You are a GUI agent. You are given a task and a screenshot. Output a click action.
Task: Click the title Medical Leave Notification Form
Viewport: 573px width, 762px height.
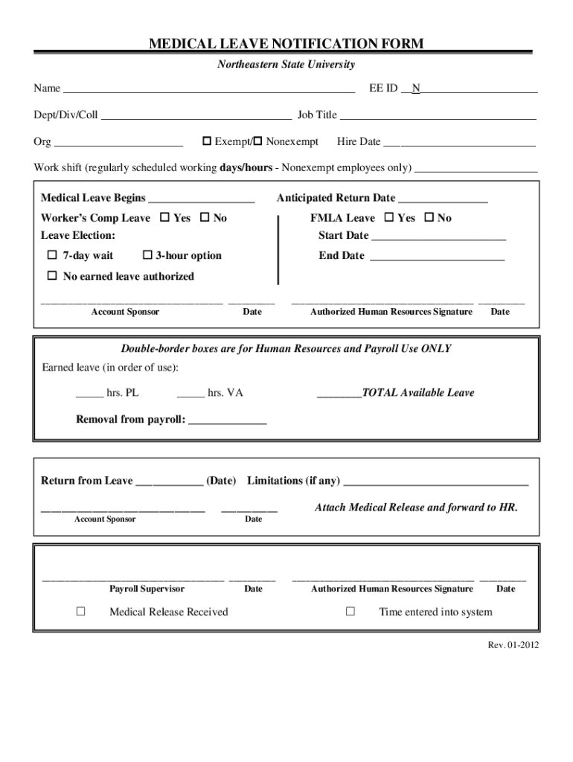click(286, 44)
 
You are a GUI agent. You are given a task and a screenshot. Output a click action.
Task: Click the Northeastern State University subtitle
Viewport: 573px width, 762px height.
click(286, 65)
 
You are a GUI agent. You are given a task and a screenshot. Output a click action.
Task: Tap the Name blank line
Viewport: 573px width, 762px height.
click(208, 89)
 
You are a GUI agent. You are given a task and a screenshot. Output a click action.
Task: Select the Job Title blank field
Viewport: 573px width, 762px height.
click(438, 115)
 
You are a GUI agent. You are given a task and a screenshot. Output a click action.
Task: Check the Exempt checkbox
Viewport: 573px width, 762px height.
click(208, 141)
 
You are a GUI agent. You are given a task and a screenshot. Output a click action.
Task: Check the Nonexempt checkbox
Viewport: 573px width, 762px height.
click(258, 141)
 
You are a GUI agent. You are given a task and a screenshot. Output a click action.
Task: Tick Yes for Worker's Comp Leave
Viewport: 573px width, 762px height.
click(164, 218)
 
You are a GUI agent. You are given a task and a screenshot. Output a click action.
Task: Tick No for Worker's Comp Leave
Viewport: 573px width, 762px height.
click(205, 218)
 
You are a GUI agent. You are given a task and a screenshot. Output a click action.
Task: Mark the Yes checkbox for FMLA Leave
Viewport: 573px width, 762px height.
click(388, 218)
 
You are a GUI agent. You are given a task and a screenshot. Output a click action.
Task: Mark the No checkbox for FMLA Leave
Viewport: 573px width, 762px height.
click(429, 218)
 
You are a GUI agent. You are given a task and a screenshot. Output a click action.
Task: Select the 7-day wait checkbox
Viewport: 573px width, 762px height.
click(52, 255)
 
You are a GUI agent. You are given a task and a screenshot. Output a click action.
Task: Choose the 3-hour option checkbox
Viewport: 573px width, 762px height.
click(147, 255)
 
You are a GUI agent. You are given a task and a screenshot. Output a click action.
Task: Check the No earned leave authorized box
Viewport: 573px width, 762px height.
click(52, 276)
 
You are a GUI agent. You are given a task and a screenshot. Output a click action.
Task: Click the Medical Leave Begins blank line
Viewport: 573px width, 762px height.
click(202, 199)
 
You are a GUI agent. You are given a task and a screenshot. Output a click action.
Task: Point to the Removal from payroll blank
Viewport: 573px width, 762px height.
click(228, 420)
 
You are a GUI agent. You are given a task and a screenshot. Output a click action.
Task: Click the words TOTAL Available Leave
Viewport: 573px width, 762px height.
click(417, 393)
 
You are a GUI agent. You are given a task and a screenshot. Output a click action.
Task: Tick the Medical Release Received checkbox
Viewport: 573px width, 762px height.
click(81, 612)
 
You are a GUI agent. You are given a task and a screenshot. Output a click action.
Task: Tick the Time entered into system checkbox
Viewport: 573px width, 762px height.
click(350, 612)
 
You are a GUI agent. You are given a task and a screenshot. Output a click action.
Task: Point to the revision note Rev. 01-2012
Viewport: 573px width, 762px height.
click(513, 645)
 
